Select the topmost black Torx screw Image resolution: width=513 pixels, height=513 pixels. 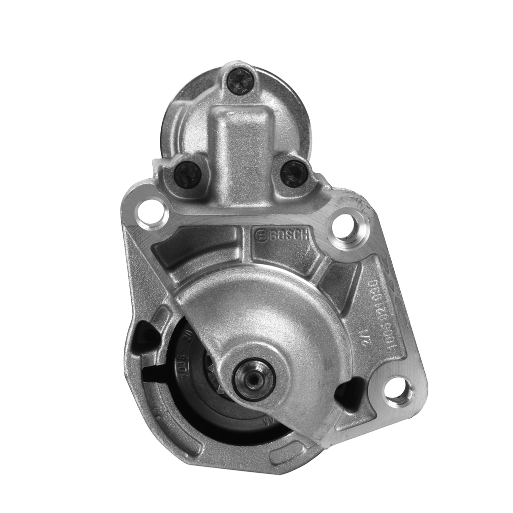[241, 82]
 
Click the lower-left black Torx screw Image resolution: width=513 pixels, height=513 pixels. [188, 174]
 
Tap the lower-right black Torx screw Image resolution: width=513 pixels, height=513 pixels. [294, 173]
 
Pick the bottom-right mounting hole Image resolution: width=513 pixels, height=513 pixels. [399, 392]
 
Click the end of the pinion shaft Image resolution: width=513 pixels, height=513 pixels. [254, 379]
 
